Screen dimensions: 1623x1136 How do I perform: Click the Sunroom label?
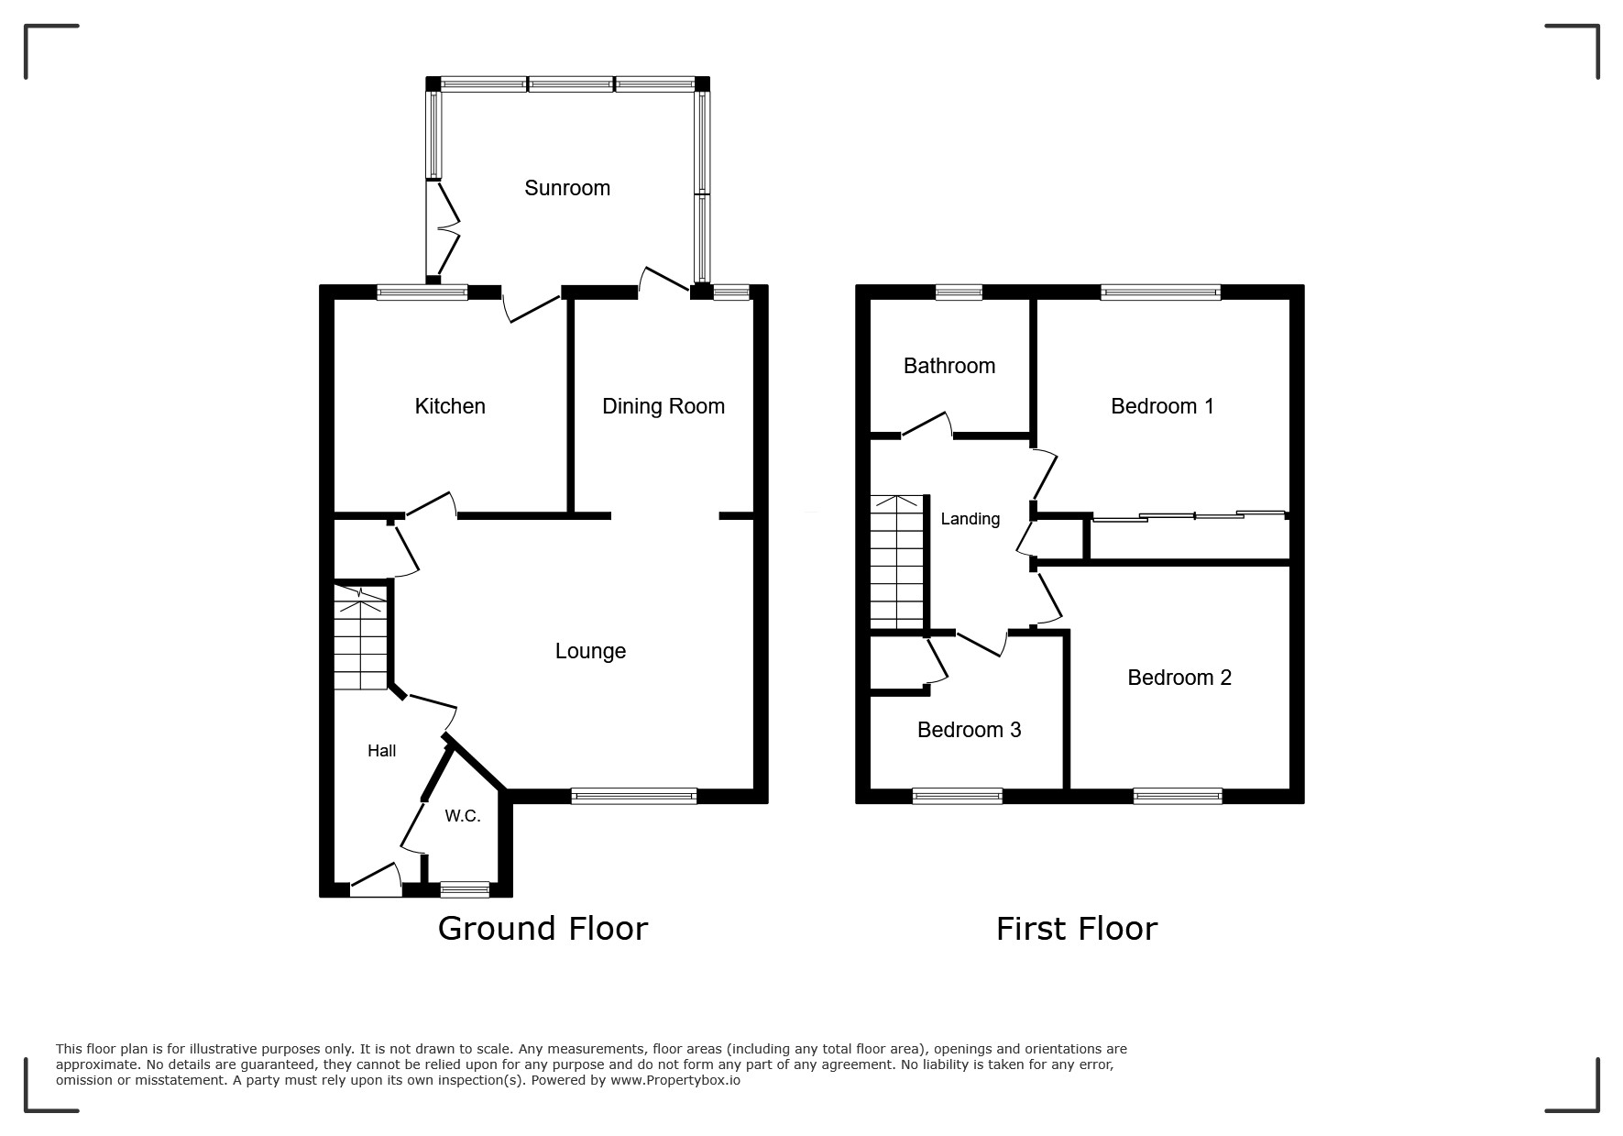(x=567, y=188)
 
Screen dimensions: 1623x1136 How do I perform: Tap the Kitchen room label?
(x=450, y=406)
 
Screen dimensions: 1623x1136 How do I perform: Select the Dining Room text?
(x=663, y=406)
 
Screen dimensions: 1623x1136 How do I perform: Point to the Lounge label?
(x=591, y=651)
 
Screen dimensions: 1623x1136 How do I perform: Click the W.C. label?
(x=463, y=816)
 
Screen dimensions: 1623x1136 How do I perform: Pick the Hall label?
(x=382, y=751)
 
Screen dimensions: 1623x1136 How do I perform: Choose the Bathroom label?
(x=949, y=366)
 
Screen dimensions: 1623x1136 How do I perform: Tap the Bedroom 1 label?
(x=1162, y=406)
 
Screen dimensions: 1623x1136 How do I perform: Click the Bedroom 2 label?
(x=1179, y=678)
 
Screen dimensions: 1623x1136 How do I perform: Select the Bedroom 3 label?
(x=970, y=730)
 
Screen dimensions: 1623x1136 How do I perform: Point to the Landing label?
(x=971, y=519)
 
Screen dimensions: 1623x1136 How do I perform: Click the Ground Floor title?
(x=543, y=929)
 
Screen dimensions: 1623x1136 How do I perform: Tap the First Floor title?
(x=1077, y=929)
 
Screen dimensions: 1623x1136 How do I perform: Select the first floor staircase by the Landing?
(x=897, y=562)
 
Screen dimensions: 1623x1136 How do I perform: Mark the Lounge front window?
(x=634, y=797)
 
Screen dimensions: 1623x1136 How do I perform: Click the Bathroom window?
(x=959, y=292)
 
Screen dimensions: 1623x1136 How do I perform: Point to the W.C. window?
(x=465, y=889)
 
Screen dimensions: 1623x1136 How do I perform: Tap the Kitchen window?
(x=422, y=292)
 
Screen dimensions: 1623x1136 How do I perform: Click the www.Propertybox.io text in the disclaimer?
(x=675, y=1080)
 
